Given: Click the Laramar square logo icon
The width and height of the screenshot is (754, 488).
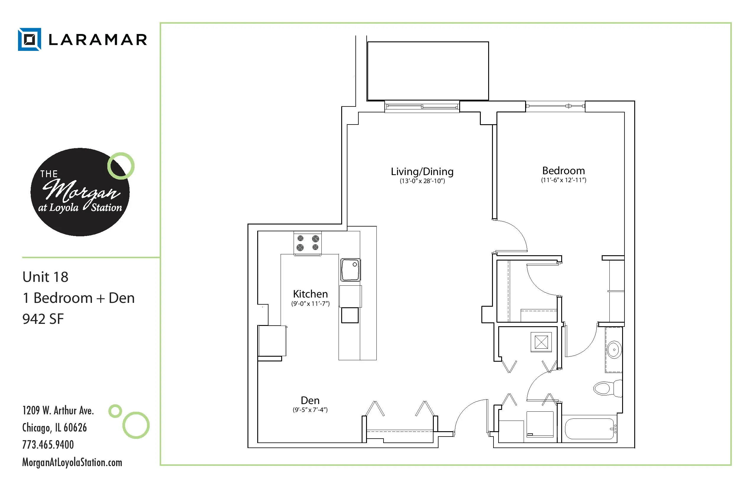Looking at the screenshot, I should tap(30, 39).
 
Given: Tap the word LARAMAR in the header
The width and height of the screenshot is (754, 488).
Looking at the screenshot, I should tap(98, 40).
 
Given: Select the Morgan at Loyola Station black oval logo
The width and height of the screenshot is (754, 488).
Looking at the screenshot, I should tap(80, 192).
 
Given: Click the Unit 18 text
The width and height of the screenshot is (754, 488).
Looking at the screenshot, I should tap(45, 277).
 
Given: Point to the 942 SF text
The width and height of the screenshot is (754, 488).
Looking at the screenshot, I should tap(43, 319).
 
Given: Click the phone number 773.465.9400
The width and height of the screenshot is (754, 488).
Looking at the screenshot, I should tap(48, 445).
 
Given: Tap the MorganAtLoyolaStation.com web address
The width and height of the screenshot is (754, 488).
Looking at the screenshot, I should tap(72, 462).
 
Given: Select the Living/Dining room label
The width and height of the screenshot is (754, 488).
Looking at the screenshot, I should tap(422, 172).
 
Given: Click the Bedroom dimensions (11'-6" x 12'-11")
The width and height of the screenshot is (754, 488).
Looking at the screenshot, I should tap(563, 180).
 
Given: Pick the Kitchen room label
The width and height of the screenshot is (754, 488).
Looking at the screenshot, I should tap(310, 294).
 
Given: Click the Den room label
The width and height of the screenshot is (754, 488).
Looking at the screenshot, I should tap(310, 400).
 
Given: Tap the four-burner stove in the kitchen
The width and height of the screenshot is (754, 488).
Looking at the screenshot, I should tap(308, 243).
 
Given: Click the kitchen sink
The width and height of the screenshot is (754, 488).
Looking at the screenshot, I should tap(350, 270).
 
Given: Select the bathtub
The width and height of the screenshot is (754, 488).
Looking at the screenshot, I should tap(590, 429).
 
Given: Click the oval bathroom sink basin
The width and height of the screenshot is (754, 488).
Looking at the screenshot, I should tap(614, 350).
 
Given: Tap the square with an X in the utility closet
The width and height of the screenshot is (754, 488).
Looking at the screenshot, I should tap(541, 342).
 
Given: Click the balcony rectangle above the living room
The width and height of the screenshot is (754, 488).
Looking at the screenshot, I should tap(428, 71).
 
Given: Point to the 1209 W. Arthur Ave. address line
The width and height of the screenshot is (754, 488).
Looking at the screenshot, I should tap(58, 411).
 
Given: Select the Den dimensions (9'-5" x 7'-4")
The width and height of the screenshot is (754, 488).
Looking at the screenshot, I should tap(310, 410).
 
